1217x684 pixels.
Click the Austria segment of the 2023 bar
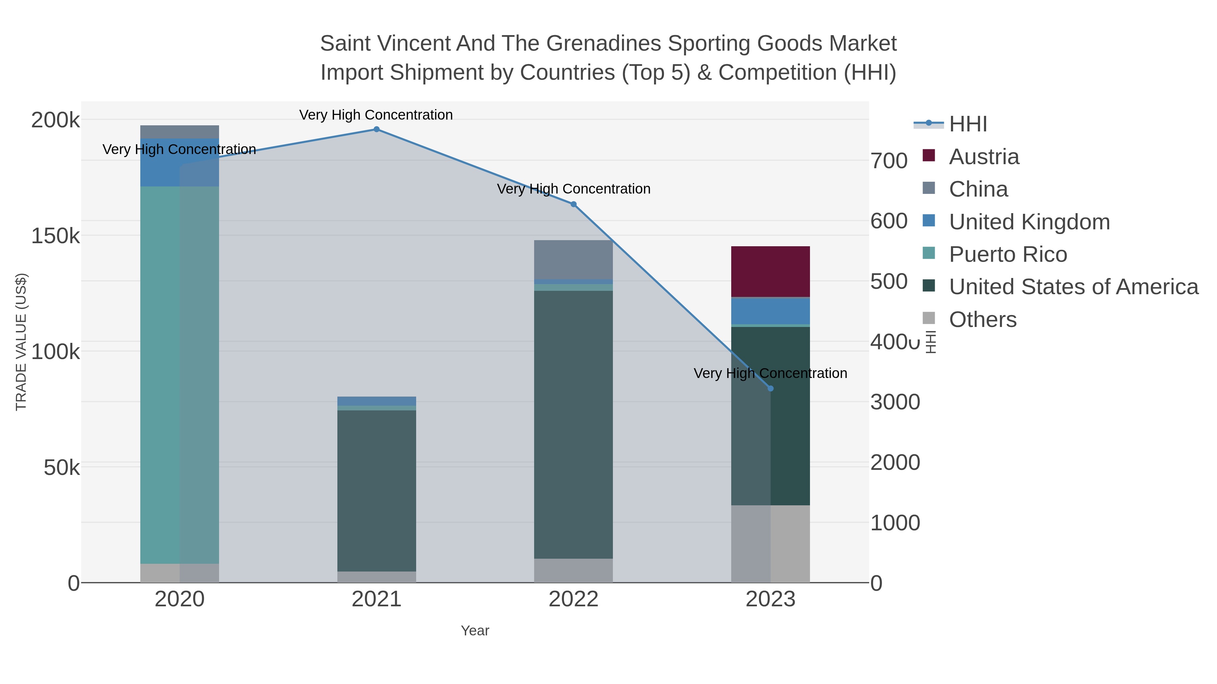tap(770, 272)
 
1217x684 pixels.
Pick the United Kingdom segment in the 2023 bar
tap(770, 311)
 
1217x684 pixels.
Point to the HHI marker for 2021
tap(377, 129)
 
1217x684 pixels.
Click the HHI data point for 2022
tap(574, 204)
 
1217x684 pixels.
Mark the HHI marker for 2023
tap(770, 388)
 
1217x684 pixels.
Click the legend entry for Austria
tap(984, 157)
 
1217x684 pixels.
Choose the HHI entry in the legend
tap(968, 124)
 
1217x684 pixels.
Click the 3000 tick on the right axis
tap(895, 402)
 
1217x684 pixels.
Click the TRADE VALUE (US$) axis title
tap(21, 342)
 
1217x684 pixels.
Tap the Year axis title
tap(475, 631)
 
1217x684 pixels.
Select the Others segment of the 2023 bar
tap(770, 544)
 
